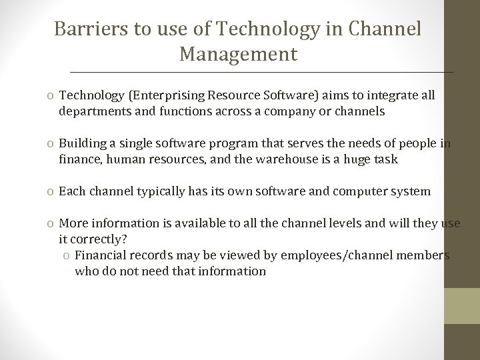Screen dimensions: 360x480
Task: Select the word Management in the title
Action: [x=238, y=54]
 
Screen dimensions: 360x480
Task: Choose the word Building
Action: [x=81, y=143]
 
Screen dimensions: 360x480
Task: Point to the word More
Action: [x=73, y=223]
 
